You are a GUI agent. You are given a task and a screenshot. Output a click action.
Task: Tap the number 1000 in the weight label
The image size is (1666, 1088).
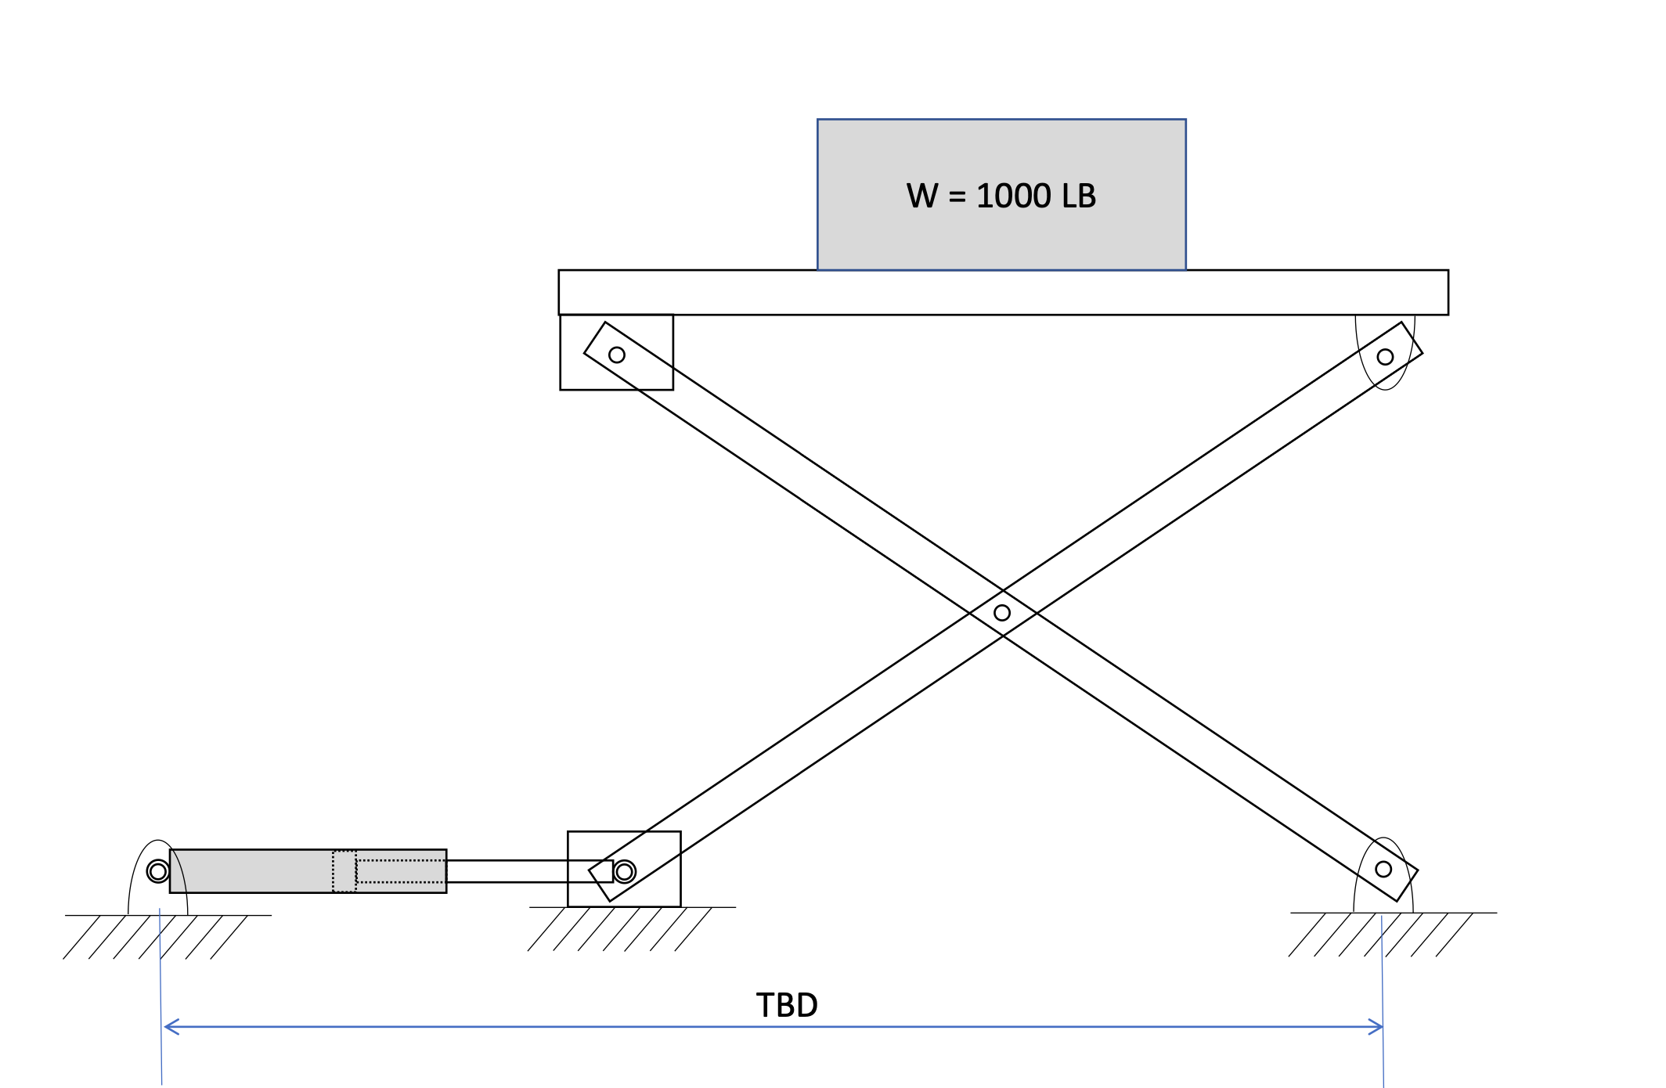pos(1014,196)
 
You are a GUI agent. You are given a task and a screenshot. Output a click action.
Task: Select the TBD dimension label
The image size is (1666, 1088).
pos(787,1005)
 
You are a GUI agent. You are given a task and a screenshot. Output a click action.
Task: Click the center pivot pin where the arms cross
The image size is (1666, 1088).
pos(1002,613)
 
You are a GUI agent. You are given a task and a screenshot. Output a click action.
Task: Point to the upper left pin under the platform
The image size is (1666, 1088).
pos(617,355)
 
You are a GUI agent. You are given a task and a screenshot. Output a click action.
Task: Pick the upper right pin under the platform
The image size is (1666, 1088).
pos(1385,357)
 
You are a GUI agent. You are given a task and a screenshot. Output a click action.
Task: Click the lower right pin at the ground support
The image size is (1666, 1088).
pos(1383,869)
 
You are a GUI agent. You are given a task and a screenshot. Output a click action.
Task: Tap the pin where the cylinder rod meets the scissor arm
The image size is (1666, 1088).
pos(625,871)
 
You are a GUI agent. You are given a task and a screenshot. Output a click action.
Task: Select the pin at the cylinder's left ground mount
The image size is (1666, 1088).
pos(158,871)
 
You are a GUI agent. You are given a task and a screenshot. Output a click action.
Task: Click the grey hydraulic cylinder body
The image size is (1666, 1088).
pos(251,871)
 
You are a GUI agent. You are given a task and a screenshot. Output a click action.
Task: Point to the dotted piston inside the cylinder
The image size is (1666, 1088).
pos(344,871)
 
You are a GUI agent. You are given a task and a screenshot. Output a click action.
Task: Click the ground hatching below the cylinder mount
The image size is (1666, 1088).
pos(157,937)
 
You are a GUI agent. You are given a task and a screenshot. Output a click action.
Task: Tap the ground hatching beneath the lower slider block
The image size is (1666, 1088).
pos(618,929)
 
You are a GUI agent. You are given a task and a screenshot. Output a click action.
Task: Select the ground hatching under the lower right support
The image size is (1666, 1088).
pos(1382,935)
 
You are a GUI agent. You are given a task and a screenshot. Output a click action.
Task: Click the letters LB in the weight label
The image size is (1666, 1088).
pos(1079,196)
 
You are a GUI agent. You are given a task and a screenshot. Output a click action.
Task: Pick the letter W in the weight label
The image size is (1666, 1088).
pos(922,196)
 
